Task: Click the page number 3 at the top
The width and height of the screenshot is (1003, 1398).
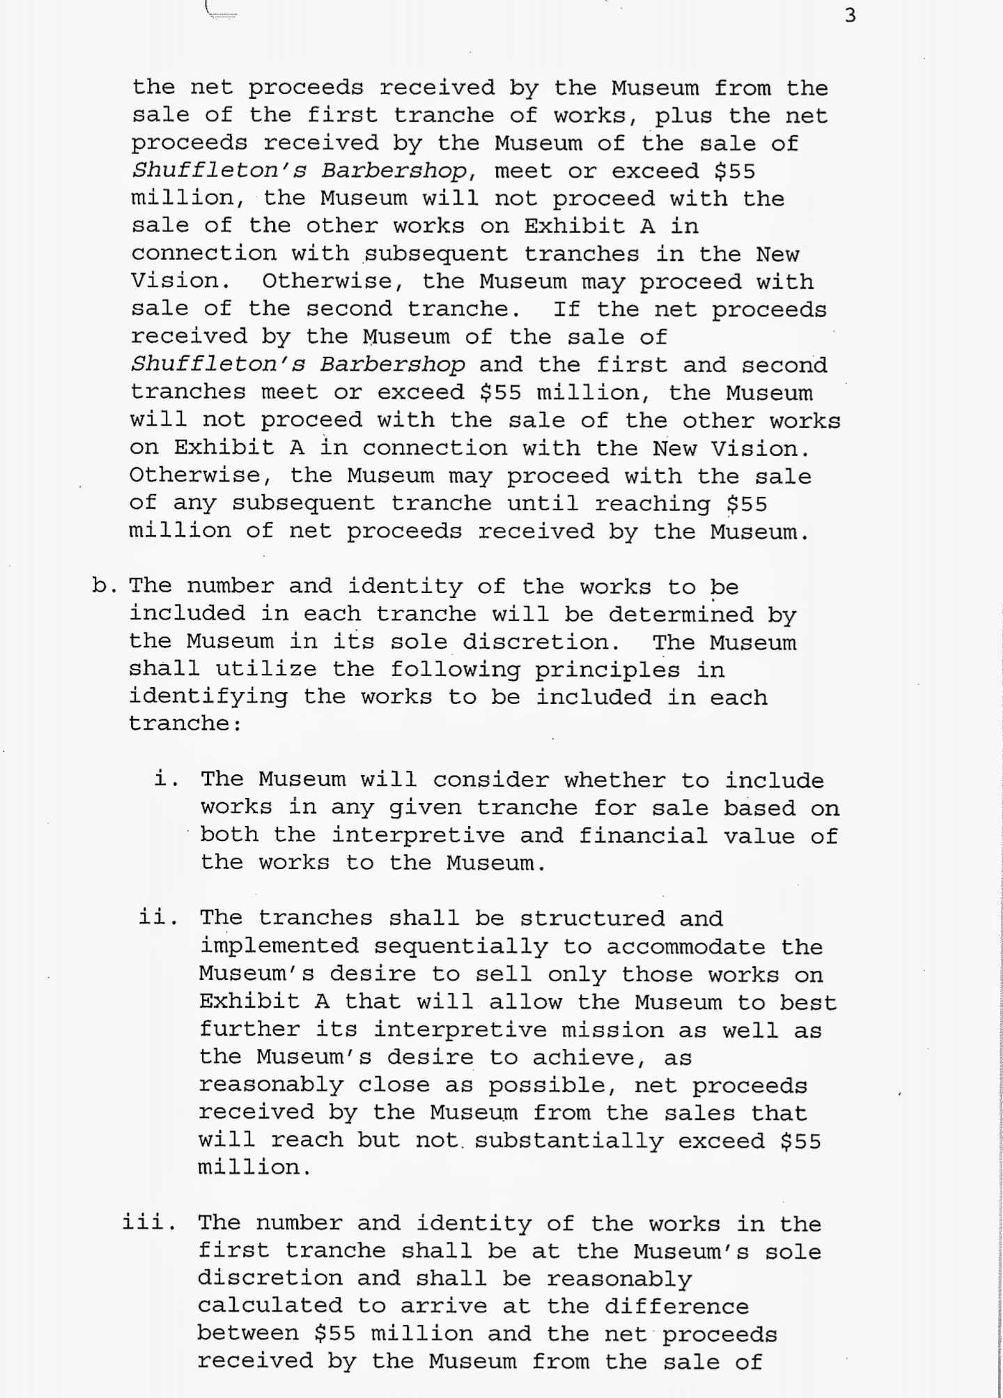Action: click(850, 15)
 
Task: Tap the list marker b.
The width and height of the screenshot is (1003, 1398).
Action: click(104, 586)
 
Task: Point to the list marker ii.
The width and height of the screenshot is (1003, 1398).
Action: click(158, 917)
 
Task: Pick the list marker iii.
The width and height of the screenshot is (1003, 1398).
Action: click(148, 1222)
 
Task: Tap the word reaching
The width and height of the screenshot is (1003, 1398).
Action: click(653, 503)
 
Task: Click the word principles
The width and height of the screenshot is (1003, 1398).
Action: click(607, 669)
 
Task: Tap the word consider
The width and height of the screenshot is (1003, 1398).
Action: click(490, 779)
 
